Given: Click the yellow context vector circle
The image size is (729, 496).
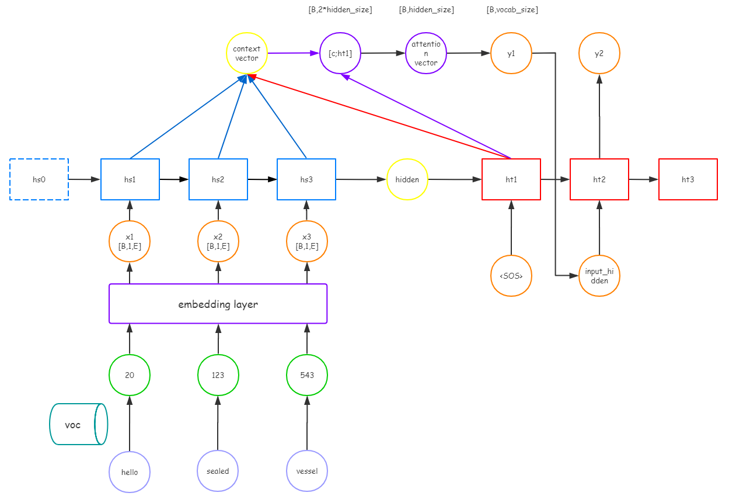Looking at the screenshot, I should (x=247, y=53).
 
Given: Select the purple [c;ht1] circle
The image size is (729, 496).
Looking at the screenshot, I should (x=340, y=53).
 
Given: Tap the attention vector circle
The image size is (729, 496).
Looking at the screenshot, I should (x=426, y=53).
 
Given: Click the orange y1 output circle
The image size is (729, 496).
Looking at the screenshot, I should (x=511, y=53).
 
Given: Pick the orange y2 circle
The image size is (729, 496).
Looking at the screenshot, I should (x=599, y=53).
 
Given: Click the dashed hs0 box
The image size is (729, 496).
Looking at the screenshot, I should (x=39, y=179).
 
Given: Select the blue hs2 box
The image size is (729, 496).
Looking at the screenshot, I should (x=218, y=179).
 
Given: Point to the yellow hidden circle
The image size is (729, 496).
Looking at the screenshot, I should (x=407, y=179).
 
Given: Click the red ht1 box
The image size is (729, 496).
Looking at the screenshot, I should (x=511, y=179).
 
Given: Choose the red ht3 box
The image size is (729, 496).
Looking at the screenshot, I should (x=688, y=179).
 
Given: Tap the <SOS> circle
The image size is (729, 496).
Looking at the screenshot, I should (x=511, y=276).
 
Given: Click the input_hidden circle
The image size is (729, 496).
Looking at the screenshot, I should (x=599, y=276).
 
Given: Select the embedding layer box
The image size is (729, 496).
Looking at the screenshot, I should (x=218, y=304).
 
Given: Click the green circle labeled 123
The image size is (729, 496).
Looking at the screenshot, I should (x=218, y=375).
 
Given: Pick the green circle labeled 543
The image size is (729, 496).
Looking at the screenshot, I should (x=307, y=375).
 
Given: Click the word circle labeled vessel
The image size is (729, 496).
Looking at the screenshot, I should (x=307, y=471).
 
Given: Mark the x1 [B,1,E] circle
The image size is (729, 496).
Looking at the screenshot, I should (x=130, y=241).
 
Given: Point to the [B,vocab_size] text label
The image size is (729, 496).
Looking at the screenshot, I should (x=512, y=10).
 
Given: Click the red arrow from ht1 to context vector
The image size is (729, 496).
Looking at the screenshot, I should (x=379, y=117).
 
